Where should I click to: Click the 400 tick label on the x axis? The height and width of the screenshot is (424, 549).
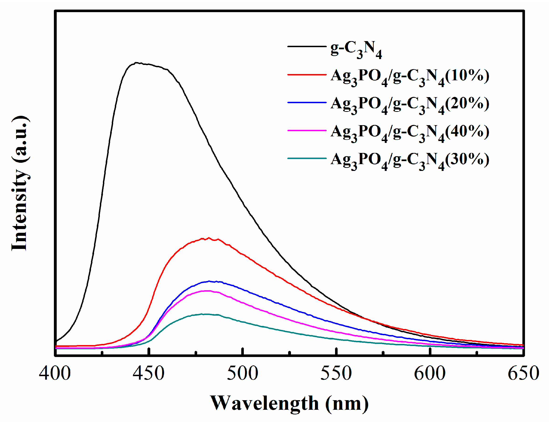click(55, 373)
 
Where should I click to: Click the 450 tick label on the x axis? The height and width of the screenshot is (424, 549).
click(149, 373)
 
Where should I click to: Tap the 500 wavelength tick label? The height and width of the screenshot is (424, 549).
click(242, 373)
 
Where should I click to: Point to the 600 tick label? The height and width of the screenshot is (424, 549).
click(430, 373)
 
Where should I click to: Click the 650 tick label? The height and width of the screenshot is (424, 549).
click(523, 373)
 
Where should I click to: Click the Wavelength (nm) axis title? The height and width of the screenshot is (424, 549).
click(289, 404)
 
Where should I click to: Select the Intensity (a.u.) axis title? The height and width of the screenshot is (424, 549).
click(20, 184)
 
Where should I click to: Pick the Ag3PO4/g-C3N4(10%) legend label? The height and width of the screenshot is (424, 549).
click(410, 77)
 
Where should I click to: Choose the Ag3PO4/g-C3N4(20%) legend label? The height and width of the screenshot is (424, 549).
click(410, 105)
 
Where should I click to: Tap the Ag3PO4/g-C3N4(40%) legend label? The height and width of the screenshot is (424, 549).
click(410, 133)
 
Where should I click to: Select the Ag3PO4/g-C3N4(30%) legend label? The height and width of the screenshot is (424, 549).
click(410, 160)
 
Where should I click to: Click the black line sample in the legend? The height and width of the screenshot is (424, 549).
click(307, 46)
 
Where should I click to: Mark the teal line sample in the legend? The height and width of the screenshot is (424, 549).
click(307, 158)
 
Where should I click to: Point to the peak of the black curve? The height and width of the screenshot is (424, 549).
click(136, 63)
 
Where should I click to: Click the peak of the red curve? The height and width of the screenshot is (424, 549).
click(209, 238)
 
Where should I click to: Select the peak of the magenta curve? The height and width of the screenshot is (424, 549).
click(207, 291)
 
